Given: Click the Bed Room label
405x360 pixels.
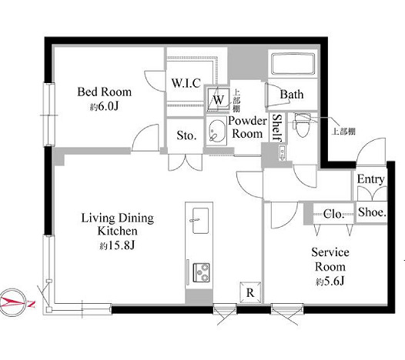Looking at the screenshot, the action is tap(105, 92).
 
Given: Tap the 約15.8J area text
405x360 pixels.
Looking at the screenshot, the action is tap(117, 245).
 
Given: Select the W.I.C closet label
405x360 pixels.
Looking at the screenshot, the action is tap(186, 83).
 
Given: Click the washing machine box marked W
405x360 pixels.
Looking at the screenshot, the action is tap(218, 99).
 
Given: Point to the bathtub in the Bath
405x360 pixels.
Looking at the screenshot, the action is tap(293, 63).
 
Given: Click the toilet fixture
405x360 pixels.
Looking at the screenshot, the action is tap(302, 125).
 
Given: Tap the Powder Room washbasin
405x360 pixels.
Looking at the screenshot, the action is tap(216, 131).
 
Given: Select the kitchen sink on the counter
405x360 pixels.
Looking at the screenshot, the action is tap(200, 221).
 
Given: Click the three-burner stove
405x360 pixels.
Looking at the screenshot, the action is tap(201, 272).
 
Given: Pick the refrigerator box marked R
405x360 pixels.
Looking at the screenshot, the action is tap(250, 292).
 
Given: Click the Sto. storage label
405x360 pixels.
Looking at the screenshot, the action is tap(186, 135).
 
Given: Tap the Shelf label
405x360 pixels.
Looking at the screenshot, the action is tap(277, 128).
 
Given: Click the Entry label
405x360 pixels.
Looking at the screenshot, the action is tap(370, 179).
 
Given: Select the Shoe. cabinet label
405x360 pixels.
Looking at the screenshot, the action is tap(372, 212).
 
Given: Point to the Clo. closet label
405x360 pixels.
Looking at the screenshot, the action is tap(333, 214).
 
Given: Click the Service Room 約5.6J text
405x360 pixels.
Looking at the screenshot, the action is tap(330, 267).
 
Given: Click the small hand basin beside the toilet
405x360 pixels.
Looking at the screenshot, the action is tap(283, 153).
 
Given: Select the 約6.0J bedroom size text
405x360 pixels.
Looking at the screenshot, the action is tap(105, 107).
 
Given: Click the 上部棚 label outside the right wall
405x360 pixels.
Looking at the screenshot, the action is tap(343, 132).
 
